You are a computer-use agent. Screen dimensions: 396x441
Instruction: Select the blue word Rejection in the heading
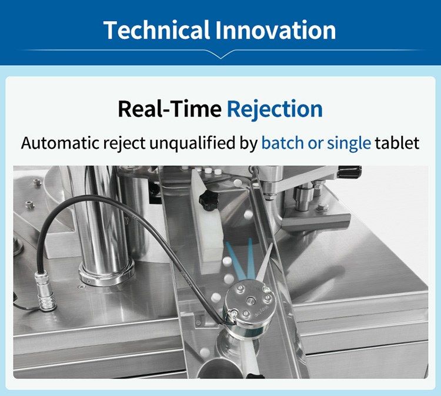click(x=275, y=109)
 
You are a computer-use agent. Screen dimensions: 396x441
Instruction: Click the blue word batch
click(x=281, y=143)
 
